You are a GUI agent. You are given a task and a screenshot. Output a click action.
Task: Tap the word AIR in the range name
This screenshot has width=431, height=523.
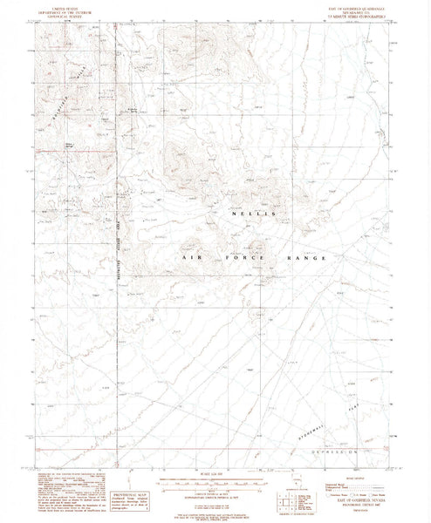(191, 260)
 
